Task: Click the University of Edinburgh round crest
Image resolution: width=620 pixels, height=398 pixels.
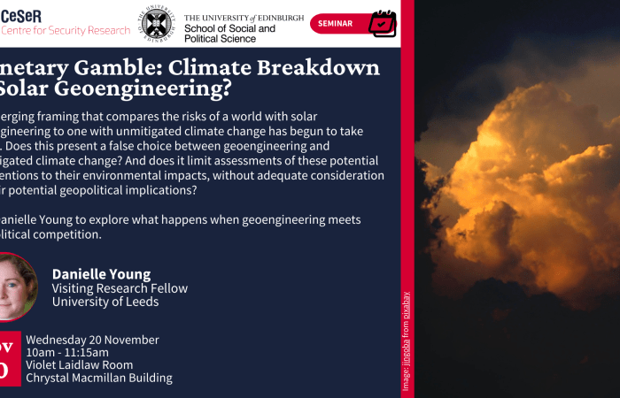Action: (157, 22)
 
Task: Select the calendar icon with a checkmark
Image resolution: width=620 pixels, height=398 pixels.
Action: (382, 23)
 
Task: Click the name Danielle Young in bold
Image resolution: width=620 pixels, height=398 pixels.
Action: (101, 274)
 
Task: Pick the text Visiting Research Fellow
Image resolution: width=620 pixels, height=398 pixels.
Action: (120, 288)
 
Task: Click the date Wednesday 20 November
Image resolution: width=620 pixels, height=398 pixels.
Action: (92, 340)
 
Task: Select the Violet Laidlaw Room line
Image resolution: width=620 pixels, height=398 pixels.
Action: (80, 364)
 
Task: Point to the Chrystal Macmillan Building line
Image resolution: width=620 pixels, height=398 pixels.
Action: (99, 378)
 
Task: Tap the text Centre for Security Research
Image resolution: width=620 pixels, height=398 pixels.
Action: (66, 31)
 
